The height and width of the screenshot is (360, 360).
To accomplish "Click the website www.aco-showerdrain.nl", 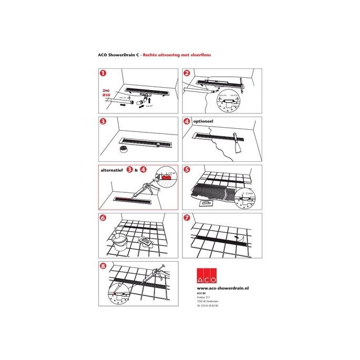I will [x=223, y=289].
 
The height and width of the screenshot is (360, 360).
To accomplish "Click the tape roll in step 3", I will [x=124, y=149].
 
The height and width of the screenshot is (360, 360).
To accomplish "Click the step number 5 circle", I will [x=188, y=170].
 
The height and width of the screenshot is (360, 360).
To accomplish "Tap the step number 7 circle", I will [x=188, y=217].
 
